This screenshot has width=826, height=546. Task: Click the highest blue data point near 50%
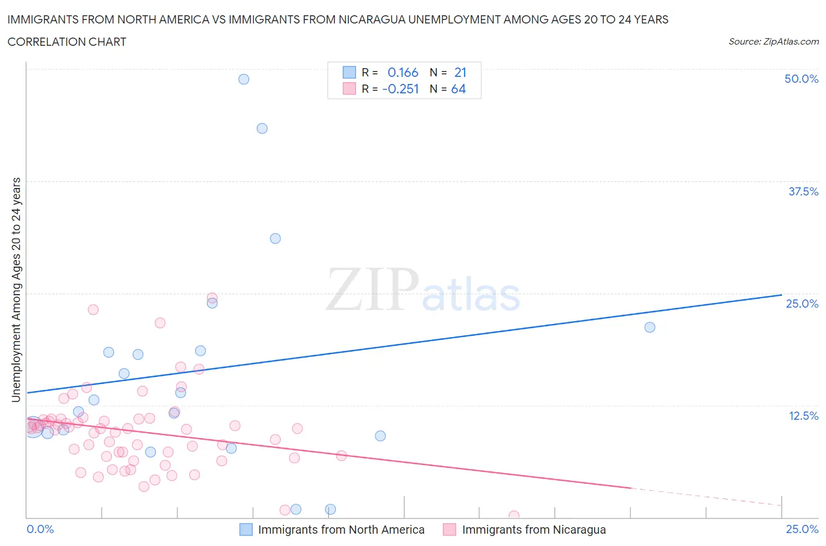tap(244, 79)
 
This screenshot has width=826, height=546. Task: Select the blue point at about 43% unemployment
tap(262, 129)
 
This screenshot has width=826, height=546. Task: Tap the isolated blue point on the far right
tap(650, 328)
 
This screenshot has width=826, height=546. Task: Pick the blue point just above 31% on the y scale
tap(275, 238)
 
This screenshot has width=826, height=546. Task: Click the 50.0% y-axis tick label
tap(801, 79)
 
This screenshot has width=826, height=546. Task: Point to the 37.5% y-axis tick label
tap(803, 191)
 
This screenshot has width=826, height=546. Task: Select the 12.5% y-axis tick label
tap(803, 416)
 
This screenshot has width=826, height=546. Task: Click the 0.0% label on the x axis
tap(41, 529)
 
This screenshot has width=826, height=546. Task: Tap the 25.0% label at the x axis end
tap(802, 529)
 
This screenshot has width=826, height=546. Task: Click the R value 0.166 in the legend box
tap(403, 72)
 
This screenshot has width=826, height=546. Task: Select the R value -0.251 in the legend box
tap(401, 89)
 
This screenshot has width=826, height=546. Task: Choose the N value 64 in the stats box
tap(458, 89)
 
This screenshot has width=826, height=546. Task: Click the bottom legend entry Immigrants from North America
tap(341, 530)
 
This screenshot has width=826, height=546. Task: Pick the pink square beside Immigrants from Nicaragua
tap(449, 530)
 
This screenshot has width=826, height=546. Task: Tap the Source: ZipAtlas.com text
tap(773, 41)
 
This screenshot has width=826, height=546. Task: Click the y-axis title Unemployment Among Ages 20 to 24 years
tap(16, 290)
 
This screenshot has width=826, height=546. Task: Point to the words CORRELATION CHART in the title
tap(67, 42)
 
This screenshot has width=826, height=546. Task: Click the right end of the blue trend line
tap(781, 295)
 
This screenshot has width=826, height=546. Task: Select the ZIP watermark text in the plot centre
tap(372, 289)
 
